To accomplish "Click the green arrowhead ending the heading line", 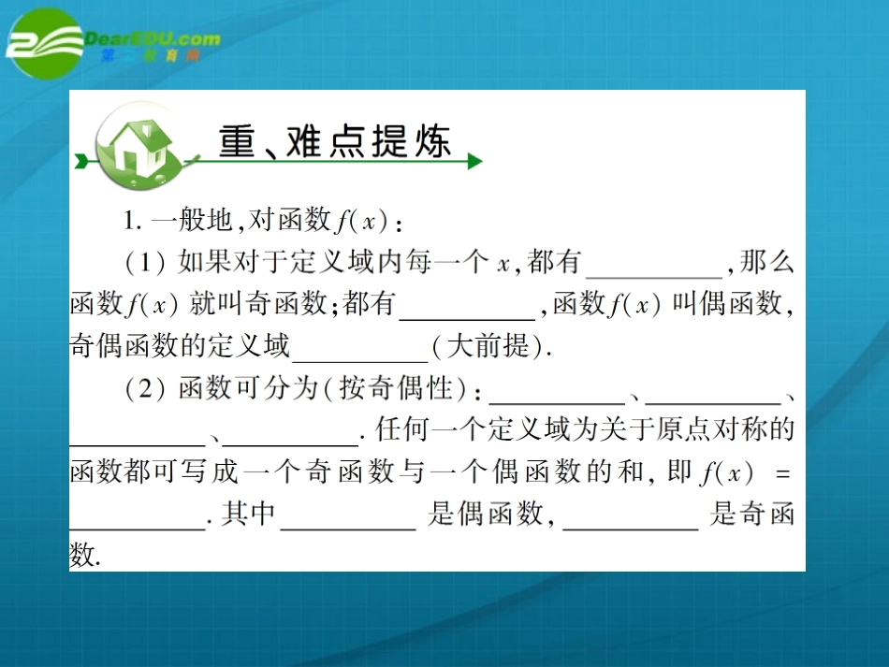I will (474, 162).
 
